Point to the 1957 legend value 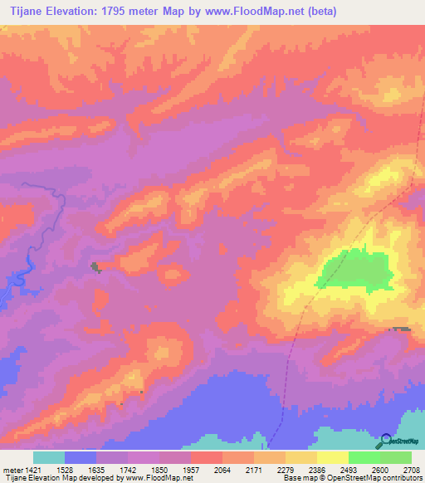(x=190, y=469)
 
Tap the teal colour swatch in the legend (x=49, y=457)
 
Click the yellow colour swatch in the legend (x=332, y=457)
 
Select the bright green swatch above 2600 (x=364, y=457)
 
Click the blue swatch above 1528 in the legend (x=81, y=457)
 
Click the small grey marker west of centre (x=95, y=266)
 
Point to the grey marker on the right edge (x=401, y=329)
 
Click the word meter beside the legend (x=12, y=469)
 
